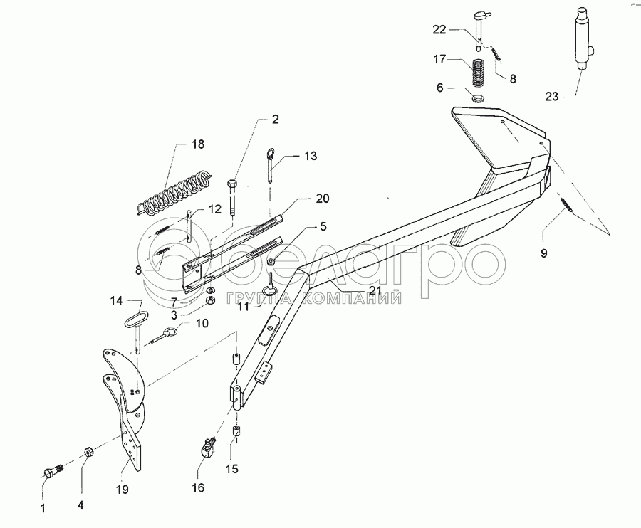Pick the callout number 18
(197, 144)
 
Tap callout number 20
(303, 199)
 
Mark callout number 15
(233, 470)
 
